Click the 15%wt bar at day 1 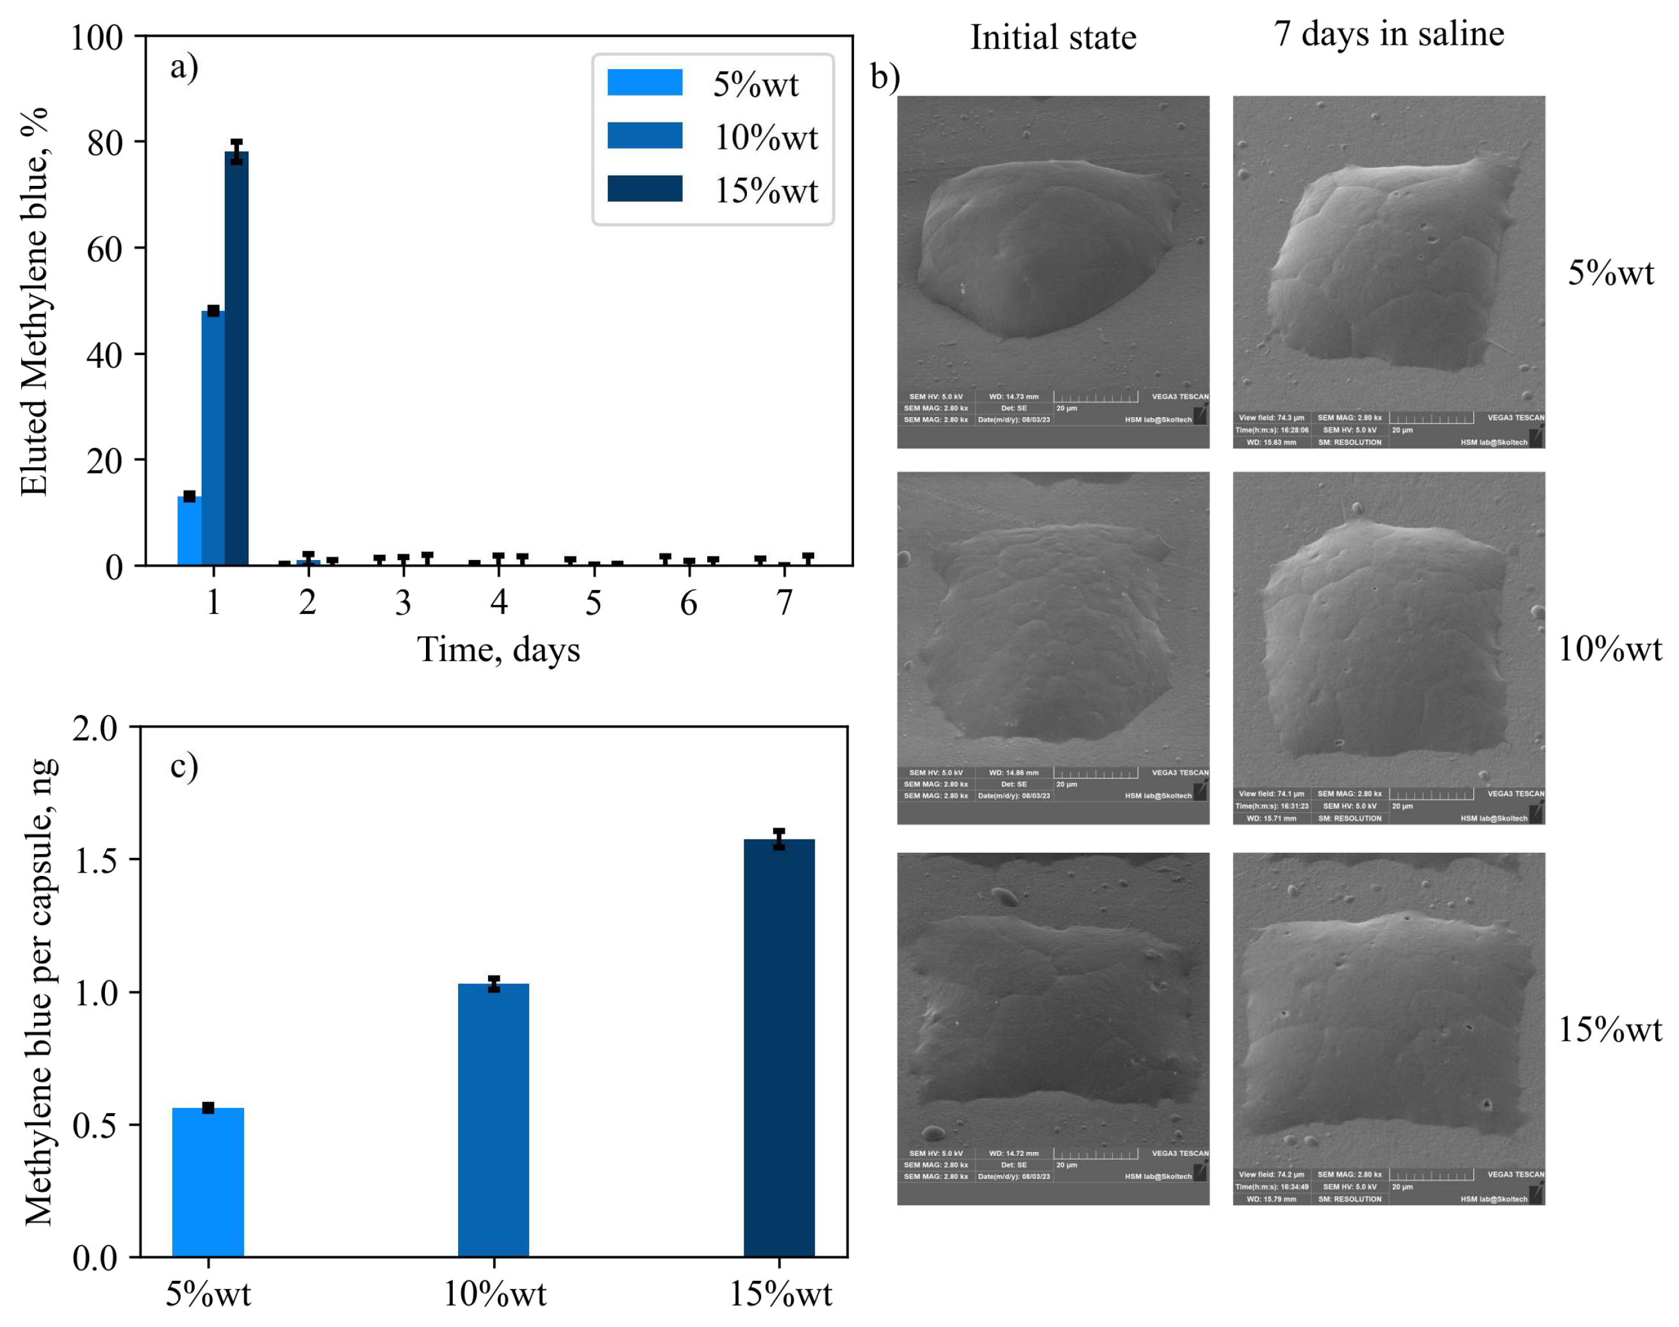(236, 358)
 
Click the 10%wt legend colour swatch (644, 135)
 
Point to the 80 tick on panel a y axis (105, 143)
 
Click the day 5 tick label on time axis (593, 603)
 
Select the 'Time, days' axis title (498, 650)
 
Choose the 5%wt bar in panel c (208, 1182)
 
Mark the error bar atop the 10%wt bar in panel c (494, 984)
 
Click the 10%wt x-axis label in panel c (495, 1294)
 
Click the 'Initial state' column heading (1053, 37)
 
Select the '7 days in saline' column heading (1389, 33)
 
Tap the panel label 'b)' (885, 77)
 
